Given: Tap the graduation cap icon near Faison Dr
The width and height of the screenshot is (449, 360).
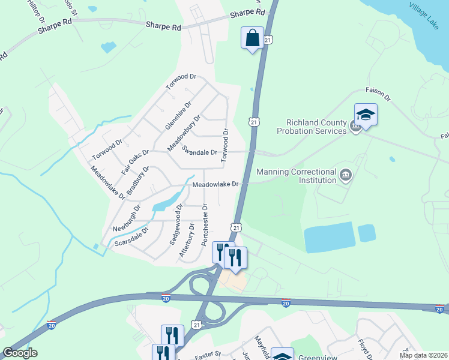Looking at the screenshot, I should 365,115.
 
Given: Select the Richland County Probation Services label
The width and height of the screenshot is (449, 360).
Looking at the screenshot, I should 312,126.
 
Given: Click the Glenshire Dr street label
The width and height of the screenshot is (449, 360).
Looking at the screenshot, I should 178,116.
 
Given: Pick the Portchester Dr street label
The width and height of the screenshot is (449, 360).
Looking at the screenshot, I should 205,223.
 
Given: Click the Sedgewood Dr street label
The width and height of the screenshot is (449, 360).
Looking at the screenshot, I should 178,224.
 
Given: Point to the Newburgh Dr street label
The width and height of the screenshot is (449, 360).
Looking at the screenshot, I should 126,220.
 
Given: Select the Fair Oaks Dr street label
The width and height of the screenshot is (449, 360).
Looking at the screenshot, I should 135,162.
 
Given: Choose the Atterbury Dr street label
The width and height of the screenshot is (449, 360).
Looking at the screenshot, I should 187,241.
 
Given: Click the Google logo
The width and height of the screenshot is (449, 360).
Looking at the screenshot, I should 20,353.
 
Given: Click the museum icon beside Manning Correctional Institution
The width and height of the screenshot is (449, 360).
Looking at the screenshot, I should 345,175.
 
